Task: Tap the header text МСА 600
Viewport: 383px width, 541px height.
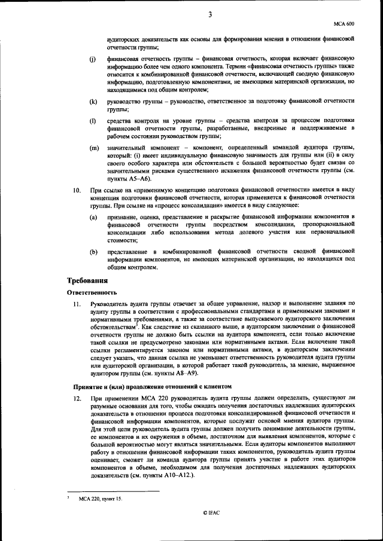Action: point(345,23)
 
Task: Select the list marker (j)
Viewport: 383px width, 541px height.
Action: point(93,60)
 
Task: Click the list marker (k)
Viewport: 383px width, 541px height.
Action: point(93,102)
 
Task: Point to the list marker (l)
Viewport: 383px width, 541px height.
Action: point(93,121)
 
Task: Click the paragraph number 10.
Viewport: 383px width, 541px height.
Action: point(77,191)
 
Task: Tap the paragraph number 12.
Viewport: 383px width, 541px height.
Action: point(77,398)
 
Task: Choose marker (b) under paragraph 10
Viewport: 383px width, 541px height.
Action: point(93,252)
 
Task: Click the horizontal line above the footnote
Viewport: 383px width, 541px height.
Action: point(113,491)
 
